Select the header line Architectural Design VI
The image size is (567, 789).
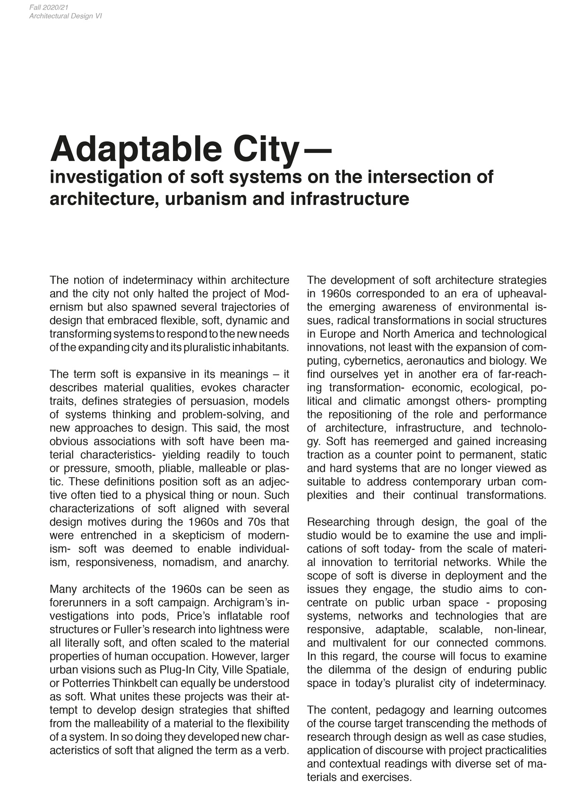click(65, 17)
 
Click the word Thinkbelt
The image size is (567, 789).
click(141, 683)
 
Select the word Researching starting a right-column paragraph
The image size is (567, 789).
click(338, 522)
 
